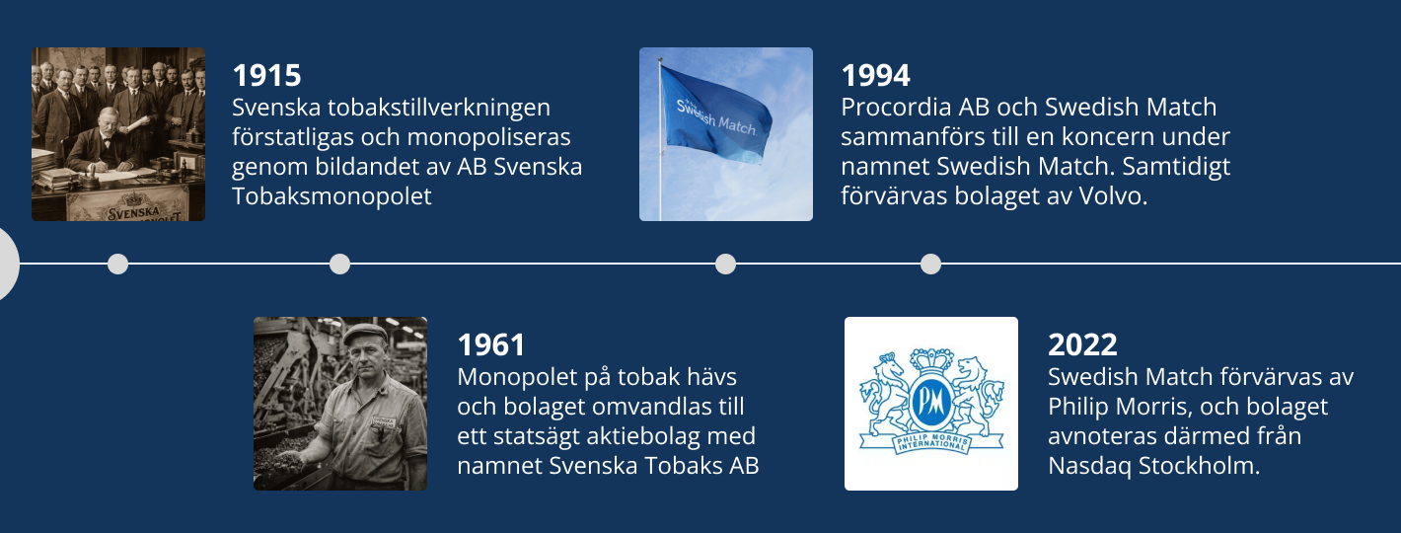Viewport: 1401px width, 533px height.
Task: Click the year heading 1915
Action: click(266, 76)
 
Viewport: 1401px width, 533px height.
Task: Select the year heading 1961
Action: click(491, 345)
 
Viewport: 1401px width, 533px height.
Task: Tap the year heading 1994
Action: click(875, 76)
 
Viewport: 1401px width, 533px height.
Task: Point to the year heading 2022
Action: click(1082, 345)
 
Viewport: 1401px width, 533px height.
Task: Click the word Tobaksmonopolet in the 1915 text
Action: click(332, 196)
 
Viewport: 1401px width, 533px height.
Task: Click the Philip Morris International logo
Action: click(930, 403)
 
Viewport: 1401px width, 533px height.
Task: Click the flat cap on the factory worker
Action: click(364, 334)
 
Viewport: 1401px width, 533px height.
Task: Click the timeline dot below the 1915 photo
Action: click(117, 264)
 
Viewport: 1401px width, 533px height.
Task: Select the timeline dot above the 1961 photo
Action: click(339, 264)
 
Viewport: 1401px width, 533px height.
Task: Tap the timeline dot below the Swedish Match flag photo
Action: click(725, 264)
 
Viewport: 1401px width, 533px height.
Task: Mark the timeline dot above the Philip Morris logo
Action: click(930, 264)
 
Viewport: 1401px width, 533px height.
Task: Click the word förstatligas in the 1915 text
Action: click(287, 137)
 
